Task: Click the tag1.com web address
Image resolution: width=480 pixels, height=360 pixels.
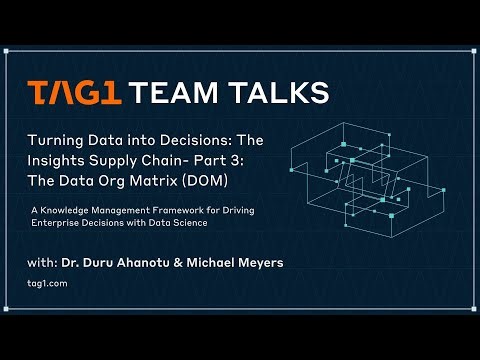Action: click(48, 284)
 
